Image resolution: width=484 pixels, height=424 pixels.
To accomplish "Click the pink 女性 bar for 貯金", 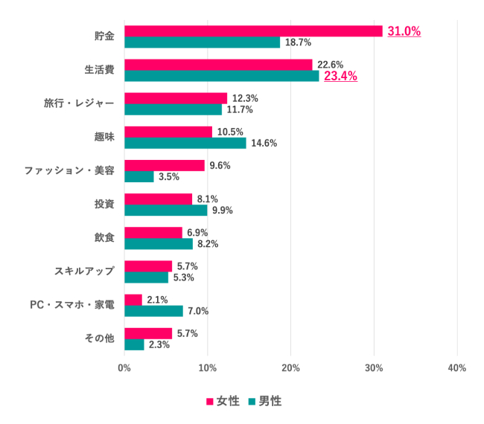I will [253, 31].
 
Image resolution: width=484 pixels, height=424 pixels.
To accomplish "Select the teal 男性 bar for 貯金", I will [203, 42].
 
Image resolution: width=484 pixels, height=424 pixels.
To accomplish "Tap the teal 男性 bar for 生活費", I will [222, 76].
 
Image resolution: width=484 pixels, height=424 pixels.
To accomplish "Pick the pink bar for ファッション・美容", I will [165, 165].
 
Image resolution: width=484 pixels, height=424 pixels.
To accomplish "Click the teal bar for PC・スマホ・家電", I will [153, 311].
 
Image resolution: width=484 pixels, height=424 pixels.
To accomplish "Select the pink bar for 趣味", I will [168, 132].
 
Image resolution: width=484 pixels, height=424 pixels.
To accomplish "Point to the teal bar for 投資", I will [166, 210].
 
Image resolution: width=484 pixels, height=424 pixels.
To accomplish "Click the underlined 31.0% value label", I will [404, 31].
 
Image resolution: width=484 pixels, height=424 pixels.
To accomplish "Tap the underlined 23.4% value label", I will [340, 76].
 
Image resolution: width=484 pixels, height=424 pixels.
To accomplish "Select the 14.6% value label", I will [263, 143].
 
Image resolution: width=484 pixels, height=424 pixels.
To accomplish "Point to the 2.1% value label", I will [158, 300].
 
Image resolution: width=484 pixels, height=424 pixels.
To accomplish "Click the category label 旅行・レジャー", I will [79, 103].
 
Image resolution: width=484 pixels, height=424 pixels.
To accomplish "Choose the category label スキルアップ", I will [84, 271].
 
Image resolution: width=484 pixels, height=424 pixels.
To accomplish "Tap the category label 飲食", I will [104, 237].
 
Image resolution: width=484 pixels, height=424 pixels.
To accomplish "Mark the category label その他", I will [98, 338].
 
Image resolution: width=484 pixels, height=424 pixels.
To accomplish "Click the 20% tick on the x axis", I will [291, 367].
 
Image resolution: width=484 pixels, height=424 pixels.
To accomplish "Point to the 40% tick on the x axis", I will [457, 367].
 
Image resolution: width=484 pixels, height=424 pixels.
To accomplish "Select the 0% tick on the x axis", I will [124, 367].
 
